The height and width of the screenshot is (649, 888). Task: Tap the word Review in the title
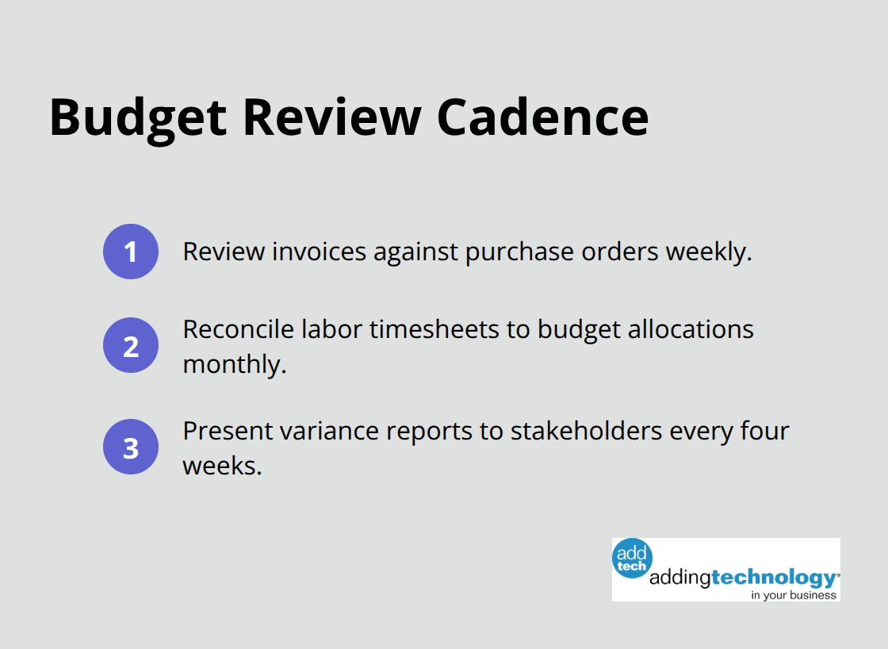[x=331, y=117]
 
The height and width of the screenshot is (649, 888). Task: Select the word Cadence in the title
[x=543, y=117]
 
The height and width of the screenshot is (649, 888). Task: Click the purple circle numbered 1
[x=131, y=252]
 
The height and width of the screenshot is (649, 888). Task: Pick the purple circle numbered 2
[x=131, y=345]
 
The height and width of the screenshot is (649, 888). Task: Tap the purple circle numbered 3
[x=131, y=447]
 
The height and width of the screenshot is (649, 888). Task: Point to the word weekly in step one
[x=707, y=252]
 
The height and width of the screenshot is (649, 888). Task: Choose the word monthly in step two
[x=233, y=364]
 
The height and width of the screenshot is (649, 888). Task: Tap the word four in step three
[x=766, y=431]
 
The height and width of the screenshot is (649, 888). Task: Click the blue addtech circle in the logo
[x=632, y=559]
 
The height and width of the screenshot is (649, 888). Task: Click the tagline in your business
[x=794, y=595]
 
